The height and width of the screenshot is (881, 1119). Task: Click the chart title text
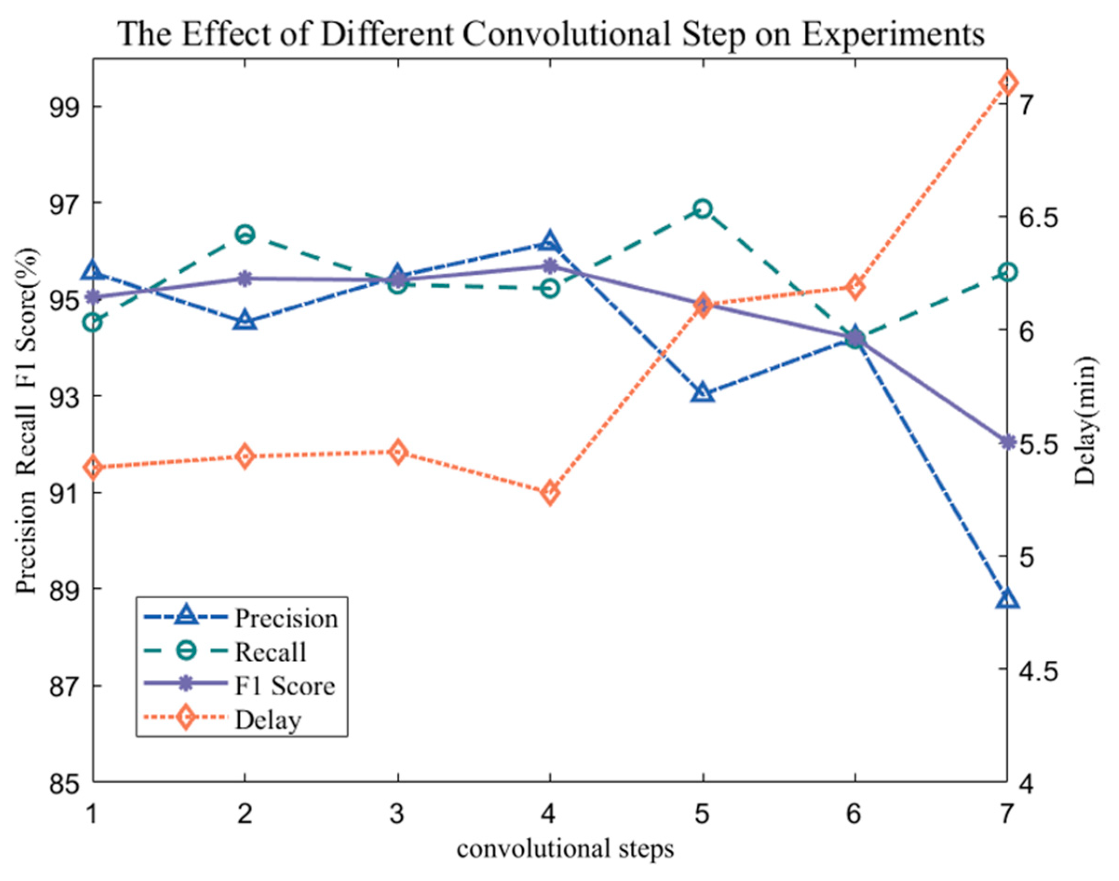[551, 35]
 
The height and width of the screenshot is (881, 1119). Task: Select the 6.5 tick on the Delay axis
[1046, 217]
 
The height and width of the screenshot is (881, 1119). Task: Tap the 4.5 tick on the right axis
[1046, 671]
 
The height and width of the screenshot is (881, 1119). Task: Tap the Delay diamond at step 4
[550, 493]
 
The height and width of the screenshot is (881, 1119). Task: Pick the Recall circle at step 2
[244, 234]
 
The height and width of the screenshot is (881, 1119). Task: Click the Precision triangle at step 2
[244, 320]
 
